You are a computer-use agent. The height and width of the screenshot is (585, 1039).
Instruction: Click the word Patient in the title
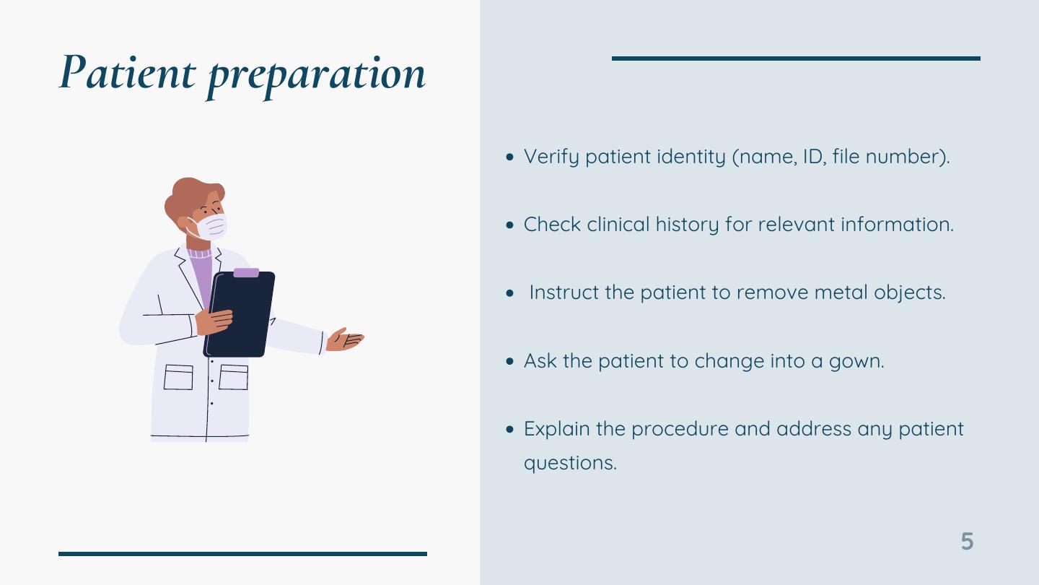128,72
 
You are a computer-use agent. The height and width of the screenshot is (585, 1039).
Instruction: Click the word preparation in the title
316,77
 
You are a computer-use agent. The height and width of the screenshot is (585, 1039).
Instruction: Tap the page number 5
967,542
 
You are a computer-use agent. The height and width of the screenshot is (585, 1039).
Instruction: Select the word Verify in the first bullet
551,157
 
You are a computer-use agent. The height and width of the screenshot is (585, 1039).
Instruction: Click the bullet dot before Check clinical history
510,225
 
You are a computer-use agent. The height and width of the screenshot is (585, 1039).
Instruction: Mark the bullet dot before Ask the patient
510,361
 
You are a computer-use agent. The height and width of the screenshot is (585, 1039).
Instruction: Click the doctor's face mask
211,227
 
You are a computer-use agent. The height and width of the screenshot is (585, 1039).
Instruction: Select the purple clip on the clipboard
246,272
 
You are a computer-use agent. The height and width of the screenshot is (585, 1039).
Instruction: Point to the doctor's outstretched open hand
344,339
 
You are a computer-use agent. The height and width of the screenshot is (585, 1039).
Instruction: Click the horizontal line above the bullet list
796,58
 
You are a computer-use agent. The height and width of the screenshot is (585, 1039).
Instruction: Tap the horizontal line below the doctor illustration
242,554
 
